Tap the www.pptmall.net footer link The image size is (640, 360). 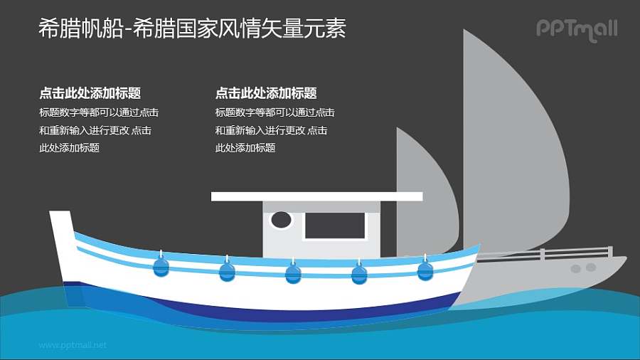(x=73, y=345)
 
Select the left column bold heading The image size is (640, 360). (x=90, y=93)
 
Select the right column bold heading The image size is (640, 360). (x=265, y=93)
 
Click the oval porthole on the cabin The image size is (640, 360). (x=282, y=220)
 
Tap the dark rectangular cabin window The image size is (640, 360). (x=334, y=226)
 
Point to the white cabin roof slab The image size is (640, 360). (x=316, y=196)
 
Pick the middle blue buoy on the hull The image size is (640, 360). (x=293, y=273)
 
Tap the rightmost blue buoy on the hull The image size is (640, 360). (x=425, y=270)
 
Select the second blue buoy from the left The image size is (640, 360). (x=227, y=272)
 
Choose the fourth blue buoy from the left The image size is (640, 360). (x=360, y=273)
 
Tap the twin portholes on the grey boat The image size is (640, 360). (x=583, y=268)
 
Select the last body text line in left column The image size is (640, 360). (x=69, y=148)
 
